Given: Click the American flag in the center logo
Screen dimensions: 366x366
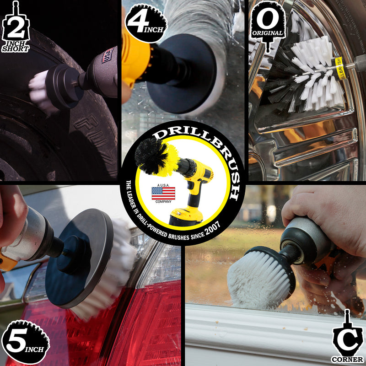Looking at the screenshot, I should click(x=163, y=193).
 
